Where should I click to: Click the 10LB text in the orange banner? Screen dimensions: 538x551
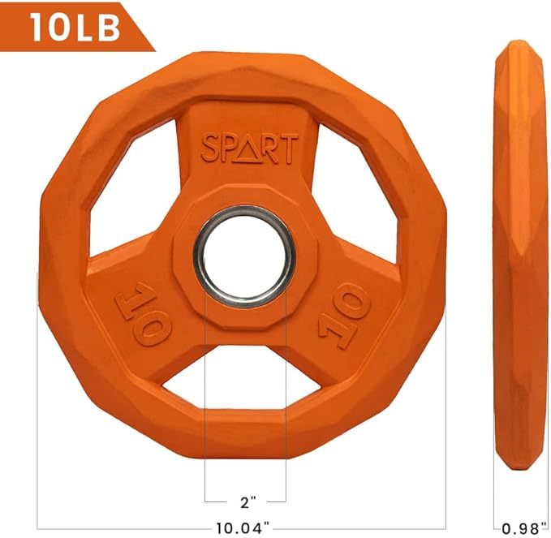75,26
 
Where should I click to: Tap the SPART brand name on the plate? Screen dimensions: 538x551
249,149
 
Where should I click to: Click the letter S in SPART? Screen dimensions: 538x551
211,149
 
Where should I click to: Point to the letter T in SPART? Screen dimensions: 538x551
289,149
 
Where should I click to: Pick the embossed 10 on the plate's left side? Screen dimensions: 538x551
146,312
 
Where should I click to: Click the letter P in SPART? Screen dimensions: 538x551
230,149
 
